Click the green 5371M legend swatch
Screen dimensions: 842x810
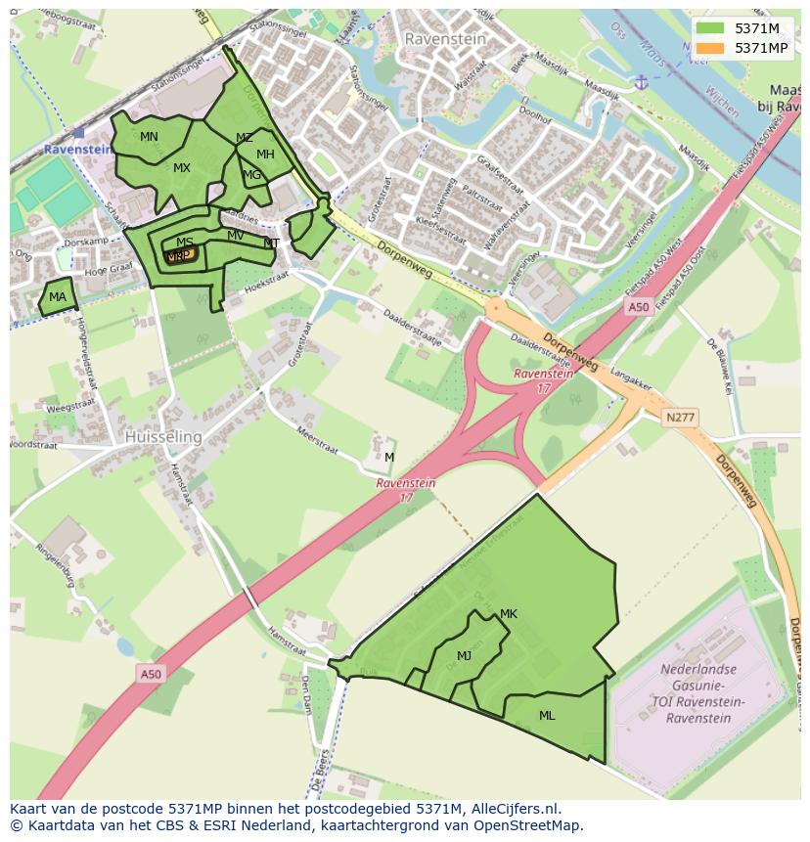pos(711,28)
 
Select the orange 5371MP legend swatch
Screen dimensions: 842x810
pos(711,48)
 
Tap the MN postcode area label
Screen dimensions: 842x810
pos(149,137)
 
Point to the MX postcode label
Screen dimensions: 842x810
pos(182,168)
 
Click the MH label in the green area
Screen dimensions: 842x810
pos(265,155)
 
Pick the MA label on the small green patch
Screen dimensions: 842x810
pos(58,297)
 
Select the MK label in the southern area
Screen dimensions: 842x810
pos(508,614)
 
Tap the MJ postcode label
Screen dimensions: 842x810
pos(464,656)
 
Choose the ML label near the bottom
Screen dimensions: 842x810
pos(547,716)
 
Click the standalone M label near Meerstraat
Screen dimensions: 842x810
pos(389,458)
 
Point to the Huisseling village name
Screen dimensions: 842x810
pos(163,437)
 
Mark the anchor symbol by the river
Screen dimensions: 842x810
pos(641,81)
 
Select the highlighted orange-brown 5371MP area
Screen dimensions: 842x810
pos(180,255)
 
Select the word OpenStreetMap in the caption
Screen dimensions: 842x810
pos(531,825)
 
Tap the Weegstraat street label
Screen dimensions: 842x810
pos(70,406)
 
